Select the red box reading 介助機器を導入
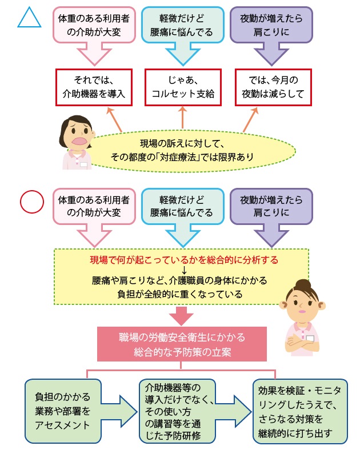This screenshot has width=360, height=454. tap(93, 87)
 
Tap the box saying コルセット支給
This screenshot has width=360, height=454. tap(183, 87)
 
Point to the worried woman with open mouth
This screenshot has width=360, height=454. tap(75, 140)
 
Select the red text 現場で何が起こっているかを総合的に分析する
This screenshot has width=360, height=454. tap(184, 260)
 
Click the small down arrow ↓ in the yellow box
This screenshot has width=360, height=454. tap(184, 270)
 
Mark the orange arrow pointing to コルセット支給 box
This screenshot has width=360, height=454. tap(183, 117)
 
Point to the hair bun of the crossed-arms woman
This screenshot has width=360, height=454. tap(302, 284)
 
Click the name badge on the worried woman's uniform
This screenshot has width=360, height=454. tap(84, 164)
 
